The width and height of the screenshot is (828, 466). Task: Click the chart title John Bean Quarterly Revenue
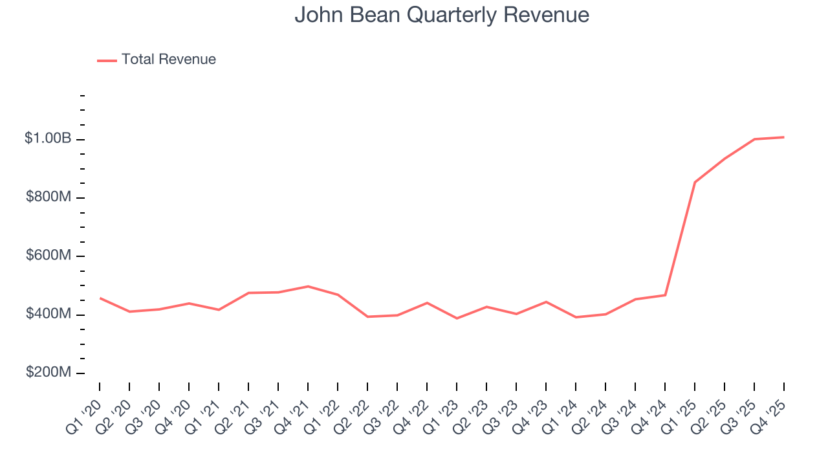pyautogui.click(x=442, y=15)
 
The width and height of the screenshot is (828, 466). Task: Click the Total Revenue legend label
pyautogui.click(x=168, y=60)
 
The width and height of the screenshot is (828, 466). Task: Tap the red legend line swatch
pyautogui.click(x=107, y=60)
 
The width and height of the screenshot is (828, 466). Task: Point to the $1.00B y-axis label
pyautogui.click(x=47, y=139)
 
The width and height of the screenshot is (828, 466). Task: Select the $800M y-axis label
pyautogui.click(x=49, y=197)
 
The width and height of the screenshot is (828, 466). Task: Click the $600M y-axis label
pyautogui.click(x=49, y=256)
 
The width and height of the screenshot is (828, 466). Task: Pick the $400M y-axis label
pyautogui.click(x=49, y=314)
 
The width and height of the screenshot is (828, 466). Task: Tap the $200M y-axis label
pyautogui.click(x=49, y=373)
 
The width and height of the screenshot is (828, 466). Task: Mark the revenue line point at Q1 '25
pyautogui.click(x=695, y=183)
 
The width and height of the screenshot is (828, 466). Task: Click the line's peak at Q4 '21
pyautogui.click(x=308, y=286)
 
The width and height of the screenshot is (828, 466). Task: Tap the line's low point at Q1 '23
pyautogui.click(x=457, y=318)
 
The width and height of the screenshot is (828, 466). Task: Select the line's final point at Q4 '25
pyautogui.click(x=784, y=137)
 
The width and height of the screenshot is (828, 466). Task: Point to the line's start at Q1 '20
pyautogui.click(x=100, y=298)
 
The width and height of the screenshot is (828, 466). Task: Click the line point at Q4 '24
pyautogui.click(x=665, y=295)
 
